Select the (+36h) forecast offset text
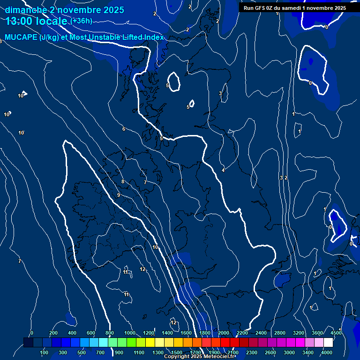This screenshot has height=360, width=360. pos(81,21)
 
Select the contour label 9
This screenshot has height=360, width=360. pos(119,195)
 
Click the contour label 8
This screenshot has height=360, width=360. pos(123,181)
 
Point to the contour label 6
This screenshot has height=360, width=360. pos(124,129)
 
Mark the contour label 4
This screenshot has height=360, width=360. pos(223,170)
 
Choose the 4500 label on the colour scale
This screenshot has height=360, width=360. pos(336,333)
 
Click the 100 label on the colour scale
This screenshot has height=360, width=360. pos(45,352)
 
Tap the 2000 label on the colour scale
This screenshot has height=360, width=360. pos(224,333)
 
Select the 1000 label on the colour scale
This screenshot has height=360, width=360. pos(129,333)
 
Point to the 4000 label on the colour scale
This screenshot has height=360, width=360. pos(327,352)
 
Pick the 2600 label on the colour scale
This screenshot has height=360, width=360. pos(270,352)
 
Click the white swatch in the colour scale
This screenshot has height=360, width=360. pos(328,343)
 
